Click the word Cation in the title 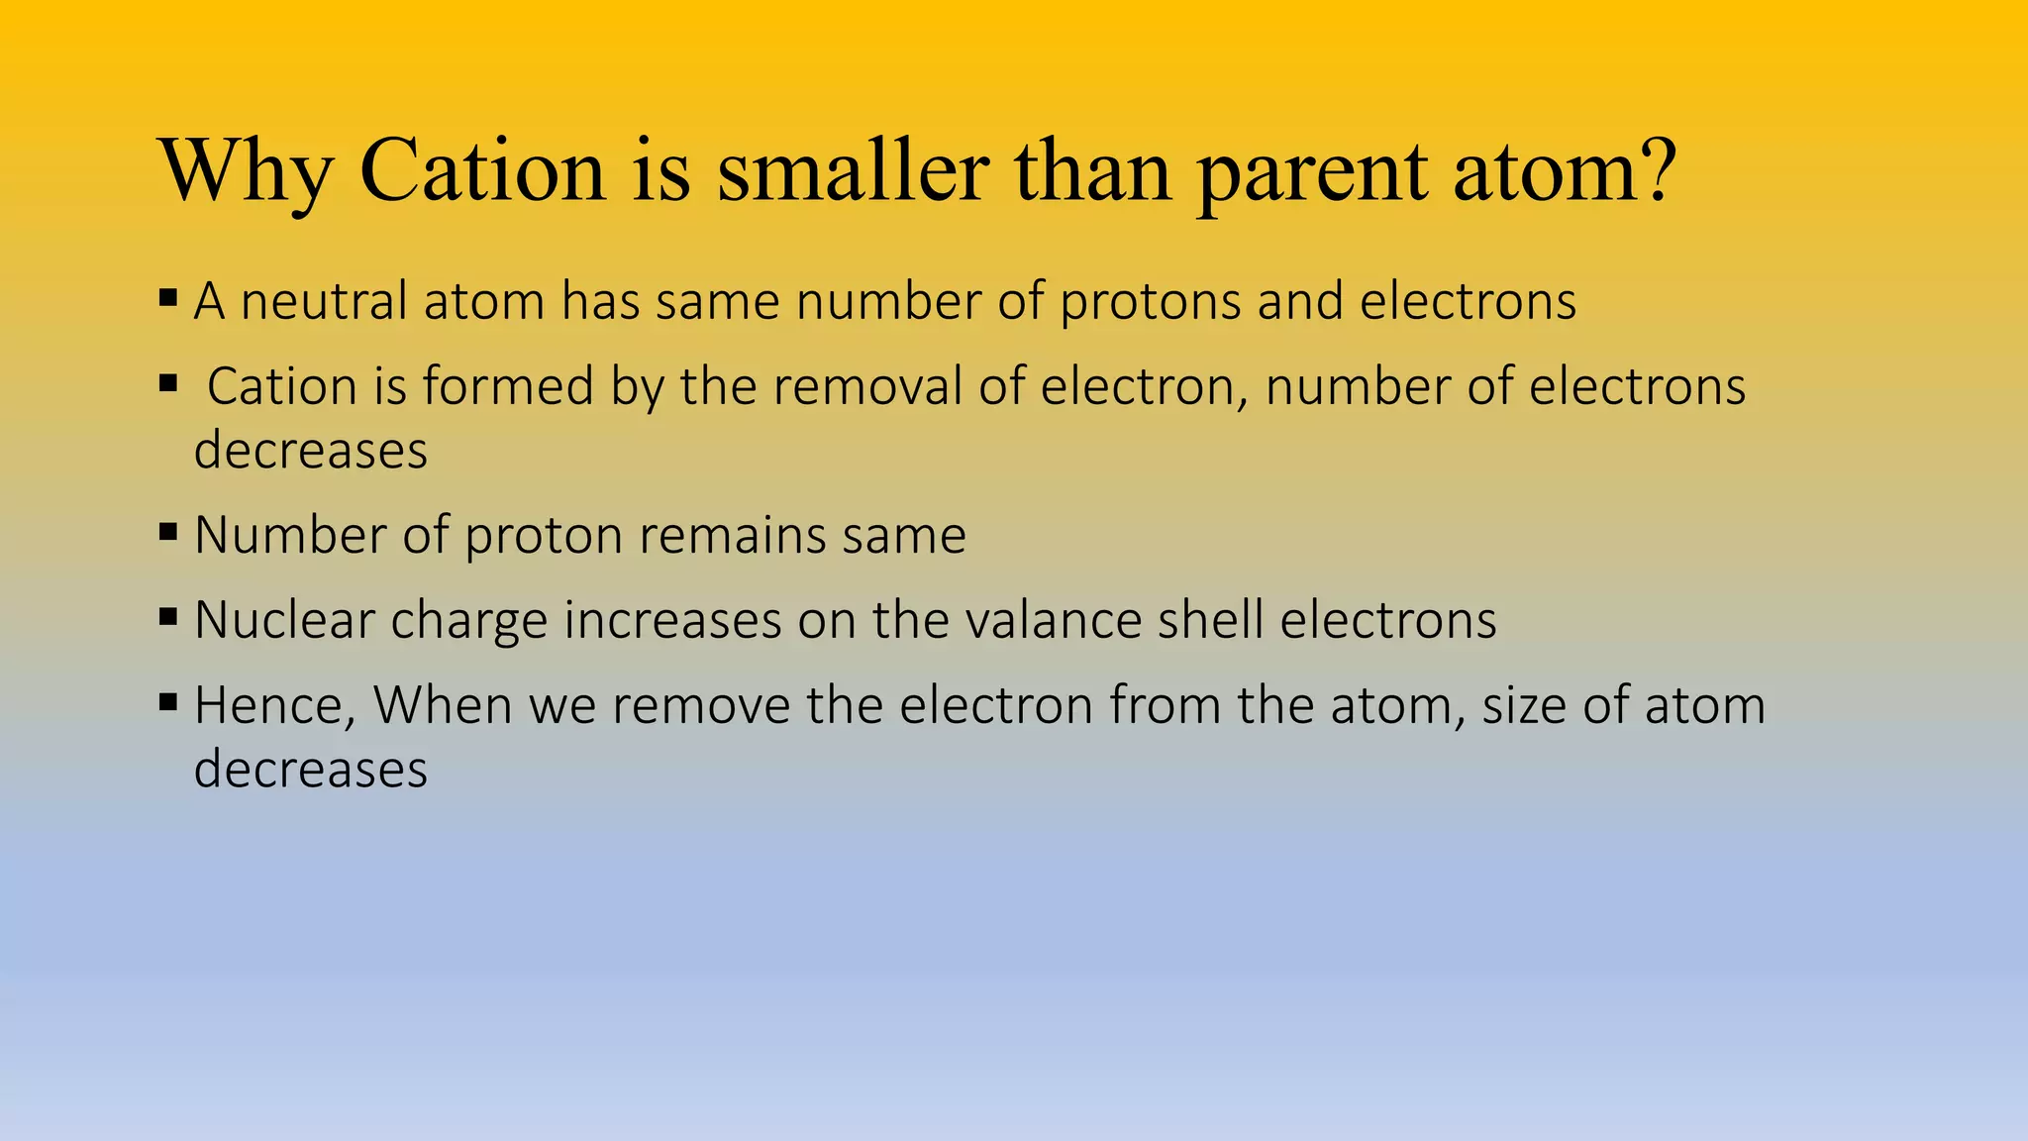[482, 170]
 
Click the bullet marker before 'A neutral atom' [168, 296]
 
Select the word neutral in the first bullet [323, 301]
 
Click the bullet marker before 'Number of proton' [168, 532]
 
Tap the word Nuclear [284, 621]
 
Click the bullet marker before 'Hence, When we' [168, 703]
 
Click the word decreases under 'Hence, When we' [310, 770]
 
